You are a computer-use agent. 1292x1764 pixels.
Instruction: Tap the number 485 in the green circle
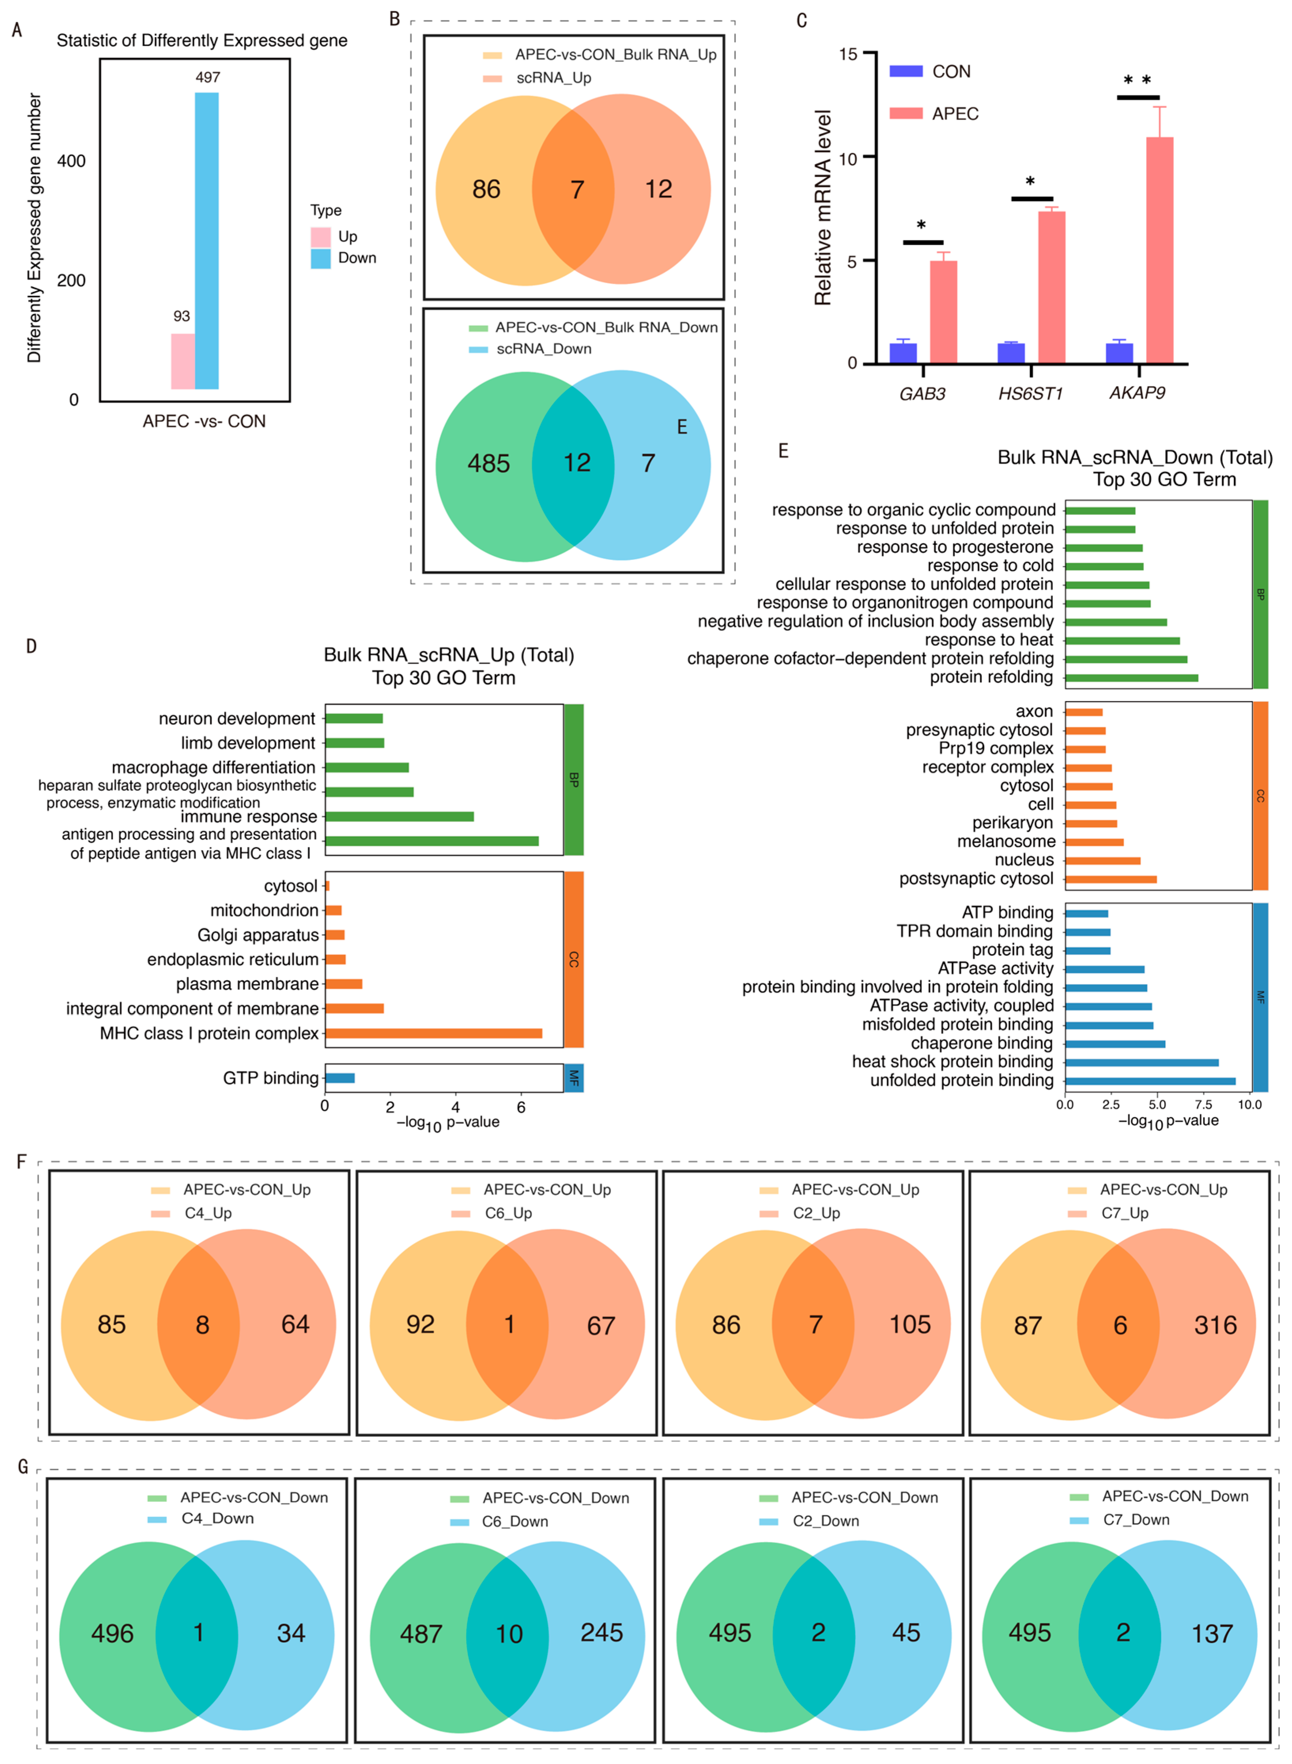point(489,464)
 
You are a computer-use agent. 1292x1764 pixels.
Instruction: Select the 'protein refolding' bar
point(1131,677)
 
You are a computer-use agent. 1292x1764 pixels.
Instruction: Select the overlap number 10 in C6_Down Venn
point(509,1634)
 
